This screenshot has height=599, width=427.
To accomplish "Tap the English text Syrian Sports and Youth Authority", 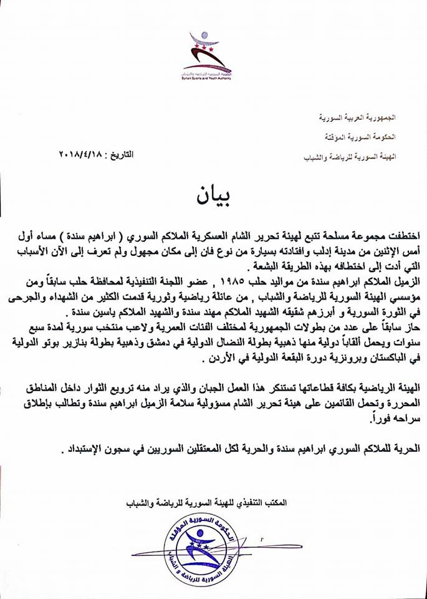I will (206, 76).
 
